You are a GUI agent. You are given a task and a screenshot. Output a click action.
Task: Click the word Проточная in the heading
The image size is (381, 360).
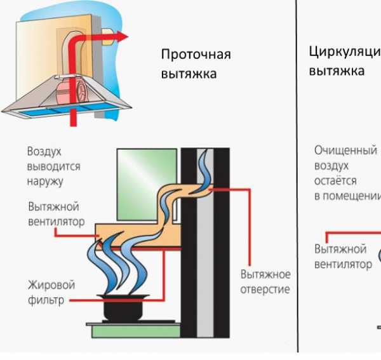tap(196, 55)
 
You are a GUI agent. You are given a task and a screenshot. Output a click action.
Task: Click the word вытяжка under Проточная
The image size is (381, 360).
tap(189, 74)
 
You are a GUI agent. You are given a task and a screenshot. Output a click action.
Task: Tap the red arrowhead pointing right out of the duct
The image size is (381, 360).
tap(123, 37)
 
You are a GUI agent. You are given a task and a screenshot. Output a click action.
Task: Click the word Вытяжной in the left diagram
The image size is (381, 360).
tap(53, 207)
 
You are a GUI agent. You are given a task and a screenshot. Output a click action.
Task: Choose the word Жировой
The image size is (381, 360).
tap(51, 286)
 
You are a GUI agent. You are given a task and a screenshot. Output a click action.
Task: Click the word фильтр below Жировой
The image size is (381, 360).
tap(45, 300)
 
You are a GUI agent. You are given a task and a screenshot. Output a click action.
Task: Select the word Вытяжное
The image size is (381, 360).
tap(265, 276)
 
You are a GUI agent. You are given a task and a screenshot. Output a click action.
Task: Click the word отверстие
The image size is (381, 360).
tap(265, 290)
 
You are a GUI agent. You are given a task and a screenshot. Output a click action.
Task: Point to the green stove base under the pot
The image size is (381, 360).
tap(140, 331)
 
